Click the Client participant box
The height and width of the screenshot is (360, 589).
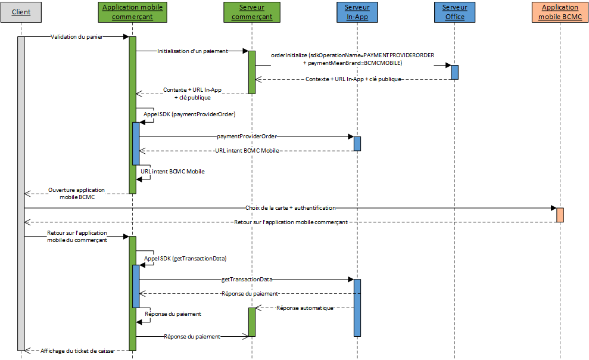click(21, 12)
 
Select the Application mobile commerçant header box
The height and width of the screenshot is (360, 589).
click(132, 12)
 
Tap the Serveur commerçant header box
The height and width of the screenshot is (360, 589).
click(251, 12)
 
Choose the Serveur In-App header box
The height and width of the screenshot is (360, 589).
click(357, 12)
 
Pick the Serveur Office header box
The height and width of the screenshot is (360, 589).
click(454, 12)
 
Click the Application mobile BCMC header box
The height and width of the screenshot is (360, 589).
click(560, 12)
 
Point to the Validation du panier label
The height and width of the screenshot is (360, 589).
click(76, 37)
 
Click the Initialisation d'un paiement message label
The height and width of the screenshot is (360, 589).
click(192, 51)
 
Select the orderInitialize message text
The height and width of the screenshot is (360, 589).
click(353, 58)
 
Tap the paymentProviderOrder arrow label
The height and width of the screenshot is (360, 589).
click(246, 136)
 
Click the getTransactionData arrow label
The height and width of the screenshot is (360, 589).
click(247, 279)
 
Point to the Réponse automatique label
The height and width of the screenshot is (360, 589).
click(304, 308)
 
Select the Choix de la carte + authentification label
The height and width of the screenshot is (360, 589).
click(290, 208)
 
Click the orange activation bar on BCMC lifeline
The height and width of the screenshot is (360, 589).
click(560, 215)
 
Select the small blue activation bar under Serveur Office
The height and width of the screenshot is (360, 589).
click(454, 72)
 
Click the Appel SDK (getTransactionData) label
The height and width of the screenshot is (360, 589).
click(185, 259)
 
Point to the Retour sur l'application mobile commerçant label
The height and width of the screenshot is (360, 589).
click(290, 222)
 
